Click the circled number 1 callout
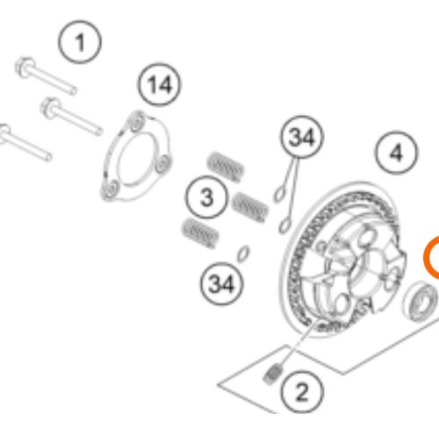coord(80,42)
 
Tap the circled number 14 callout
coord(160,84)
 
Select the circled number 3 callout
coord(207,197)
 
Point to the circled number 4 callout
coord(397,153)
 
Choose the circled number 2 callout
coord(302,392)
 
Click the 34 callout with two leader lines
coord(302,137)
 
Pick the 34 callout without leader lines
coord(222,284)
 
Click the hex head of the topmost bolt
coord(25,68)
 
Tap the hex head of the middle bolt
coord(50,108)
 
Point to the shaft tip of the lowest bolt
coord(48,157)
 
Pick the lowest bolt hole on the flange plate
coord(111,191)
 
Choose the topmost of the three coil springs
coord(226,167)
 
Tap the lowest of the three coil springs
coord(200,234)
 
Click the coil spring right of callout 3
coord(250,207)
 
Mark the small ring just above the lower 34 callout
coord(243,254)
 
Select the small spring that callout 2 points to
coord(272,374)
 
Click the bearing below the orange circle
coord(421,301)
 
